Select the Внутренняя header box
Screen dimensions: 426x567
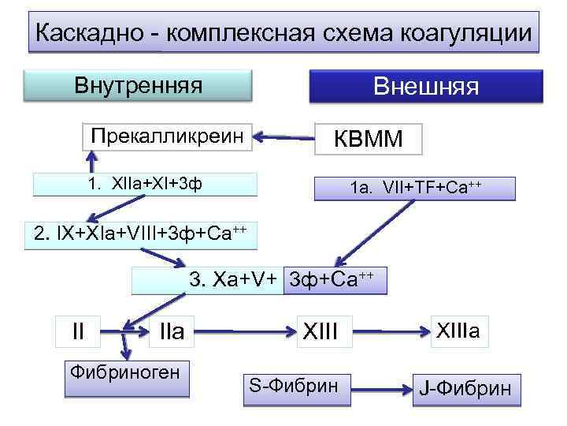tap(138, 86)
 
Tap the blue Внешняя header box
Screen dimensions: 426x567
tap(426, 86)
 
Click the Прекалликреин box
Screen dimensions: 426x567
tap(165, 136)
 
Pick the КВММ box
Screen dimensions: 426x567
tap(368, 139)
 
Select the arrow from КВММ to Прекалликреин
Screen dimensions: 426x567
tap(287, 137)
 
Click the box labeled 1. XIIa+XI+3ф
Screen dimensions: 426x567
tap(146, 185)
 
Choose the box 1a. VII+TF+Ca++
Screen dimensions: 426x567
tap(415, 189)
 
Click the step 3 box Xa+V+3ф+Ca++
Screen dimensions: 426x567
tap(260, 280)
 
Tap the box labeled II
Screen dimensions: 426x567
tap(79, 331)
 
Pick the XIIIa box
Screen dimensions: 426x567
tap(465, 331)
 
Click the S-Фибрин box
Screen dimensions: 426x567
tap(295, 386)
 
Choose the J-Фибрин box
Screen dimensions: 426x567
tap(466, 388)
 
